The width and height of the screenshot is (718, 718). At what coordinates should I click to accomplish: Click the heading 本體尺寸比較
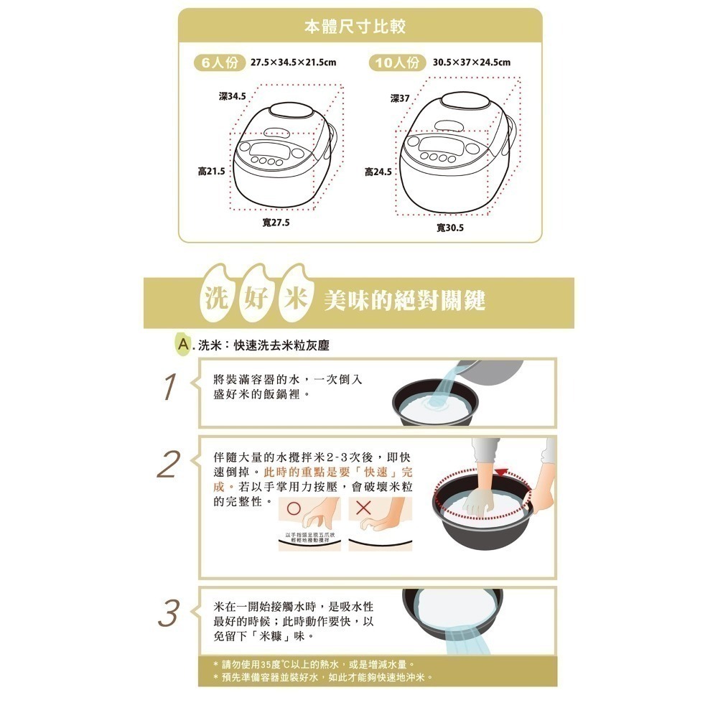point(355,28)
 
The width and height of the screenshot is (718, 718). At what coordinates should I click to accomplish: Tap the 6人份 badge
point(218,62)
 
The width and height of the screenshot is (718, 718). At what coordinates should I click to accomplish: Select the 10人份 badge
point(397,62)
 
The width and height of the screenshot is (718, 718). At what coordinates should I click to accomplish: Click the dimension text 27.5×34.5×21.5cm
point(293,63)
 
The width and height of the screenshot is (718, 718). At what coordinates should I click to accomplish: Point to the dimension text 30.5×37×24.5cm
point(472,63)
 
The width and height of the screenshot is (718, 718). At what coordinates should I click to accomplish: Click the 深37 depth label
point(400,98)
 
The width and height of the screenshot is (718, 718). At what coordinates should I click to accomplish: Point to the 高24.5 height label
point(378,172)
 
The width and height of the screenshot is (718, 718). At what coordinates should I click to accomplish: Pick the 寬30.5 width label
point(450,228)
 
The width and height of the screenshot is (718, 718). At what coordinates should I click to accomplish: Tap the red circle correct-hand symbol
point(293,508)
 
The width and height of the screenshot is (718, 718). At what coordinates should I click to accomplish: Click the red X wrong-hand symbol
point(363,508)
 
